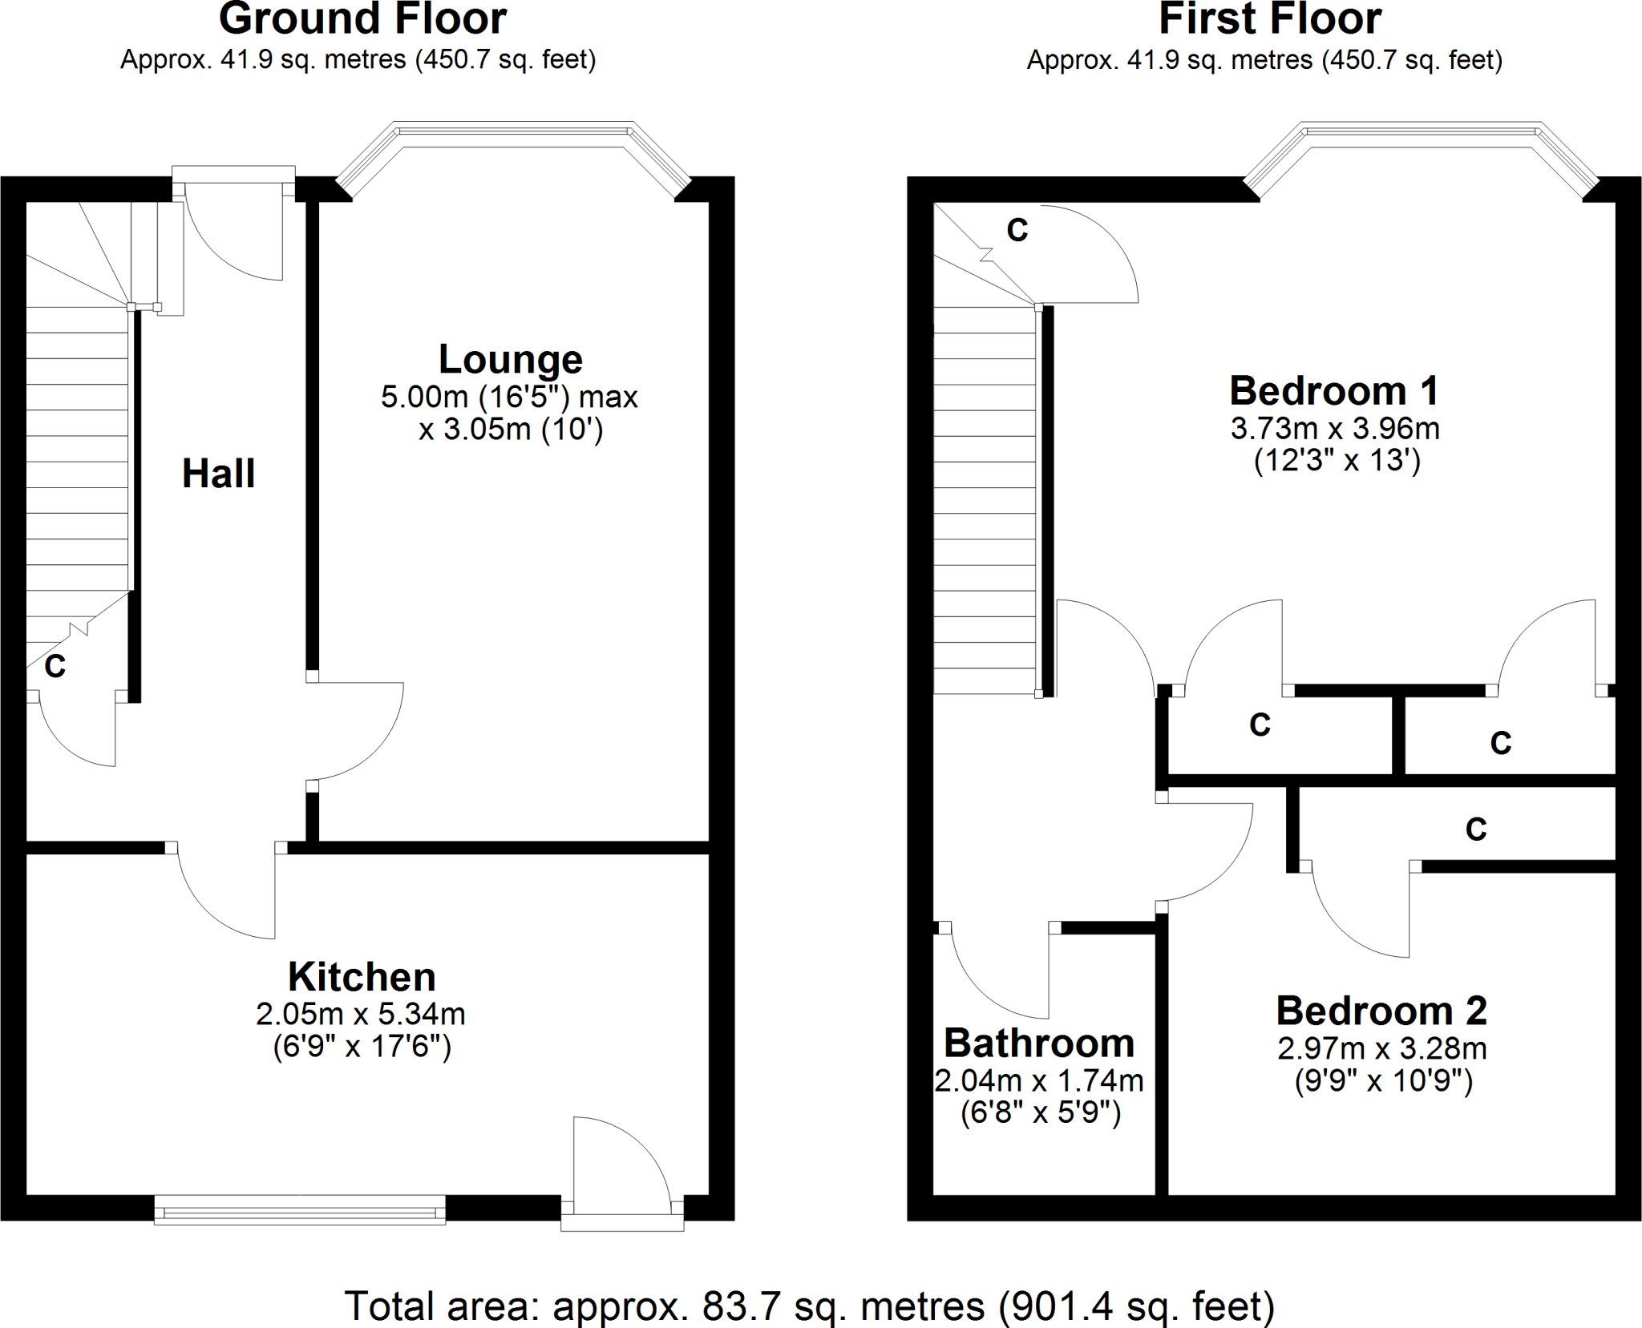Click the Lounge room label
point(510,360)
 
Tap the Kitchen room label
point(362,977)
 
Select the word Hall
point(218,474)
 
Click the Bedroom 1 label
point(1334,392)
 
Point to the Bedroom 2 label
point(1381,1011)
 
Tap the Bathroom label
point(1039,1043)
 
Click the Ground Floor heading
point(362,19)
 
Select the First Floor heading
point(1270,19)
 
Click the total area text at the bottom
point(809,1306)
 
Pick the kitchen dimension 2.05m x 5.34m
point(361,1015)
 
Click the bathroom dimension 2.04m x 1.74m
point(1039,1081)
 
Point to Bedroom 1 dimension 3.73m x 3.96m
point(1335,429)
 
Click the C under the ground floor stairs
point(55,666)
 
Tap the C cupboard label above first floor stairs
point(1017,231)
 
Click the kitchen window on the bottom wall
point(300,1209)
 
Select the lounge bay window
point(513,133)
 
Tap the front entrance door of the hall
point(233,232)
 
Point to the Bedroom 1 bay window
point(1420,133)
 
